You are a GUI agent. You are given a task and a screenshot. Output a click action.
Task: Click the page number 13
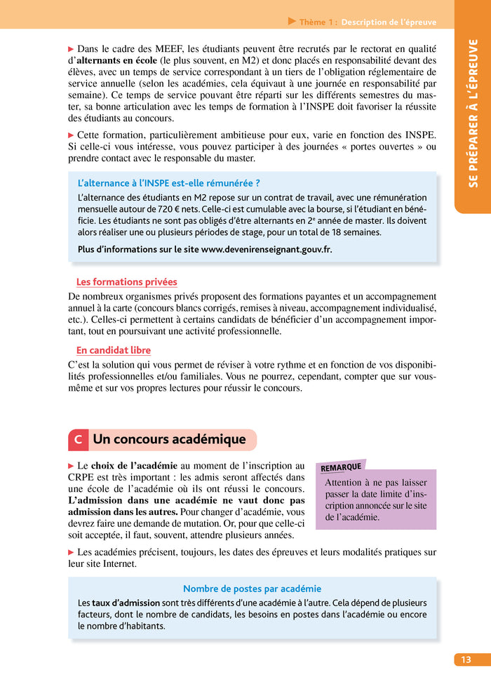(x=465, y=660)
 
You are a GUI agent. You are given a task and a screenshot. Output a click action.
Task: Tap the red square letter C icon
(x=78, y=440)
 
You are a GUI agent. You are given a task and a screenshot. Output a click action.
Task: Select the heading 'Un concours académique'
(x=169, y=440)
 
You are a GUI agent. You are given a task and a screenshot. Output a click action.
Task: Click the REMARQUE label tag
(x=341, y=467)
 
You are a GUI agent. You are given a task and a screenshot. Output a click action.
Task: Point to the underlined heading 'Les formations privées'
(x=126, y=282)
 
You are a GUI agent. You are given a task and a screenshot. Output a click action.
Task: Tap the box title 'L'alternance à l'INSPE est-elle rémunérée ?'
(x=168, y=183)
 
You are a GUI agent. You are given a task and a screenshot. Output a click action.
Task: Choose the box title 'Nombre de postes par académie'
(x=252, y=589)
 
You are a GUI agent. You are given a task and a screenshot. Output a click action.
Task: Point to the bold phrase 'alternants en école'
(x=116, y=61)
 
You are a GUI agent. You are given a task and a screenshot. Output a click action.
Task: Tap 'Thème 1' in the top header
(x=318, y=22)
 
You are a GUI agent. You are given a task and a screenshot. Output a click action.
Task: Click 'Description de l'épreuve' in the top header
(x=389, y=22)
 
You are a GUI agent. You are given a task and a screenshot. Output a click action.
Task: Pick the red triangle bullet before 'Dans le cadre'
(x=71, y=49)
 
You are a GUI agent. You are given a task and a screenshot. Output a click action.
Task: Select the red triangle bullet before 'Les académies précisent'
(x=71, y=552)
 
